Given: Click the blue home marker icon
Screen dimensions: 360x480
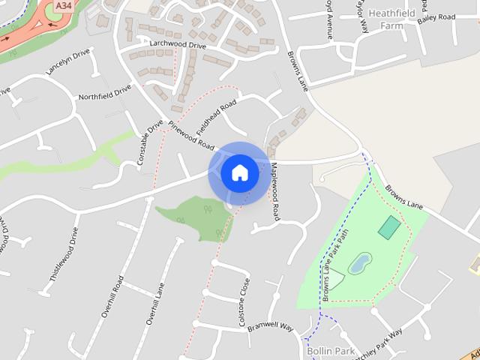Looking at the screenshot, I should (x=240, y=173).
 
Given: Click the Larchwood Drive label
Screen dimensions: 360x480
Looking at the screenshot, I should (x=178, y=45).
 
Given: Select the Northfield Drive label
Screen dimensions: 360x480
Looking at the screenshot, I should (x=105, y=92).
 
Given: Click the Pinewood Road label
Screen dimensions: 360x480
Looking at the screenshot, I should (x=191, y=135).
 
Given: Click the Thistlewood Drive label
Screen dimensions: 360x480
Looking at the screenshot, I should (x=64, y=253).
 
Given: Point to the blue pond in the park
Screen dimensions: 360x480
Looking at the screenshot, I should (x=360, y=263).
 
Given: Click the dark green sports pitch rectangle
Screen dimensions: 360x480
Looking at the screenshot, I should (x=389, y=226).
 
